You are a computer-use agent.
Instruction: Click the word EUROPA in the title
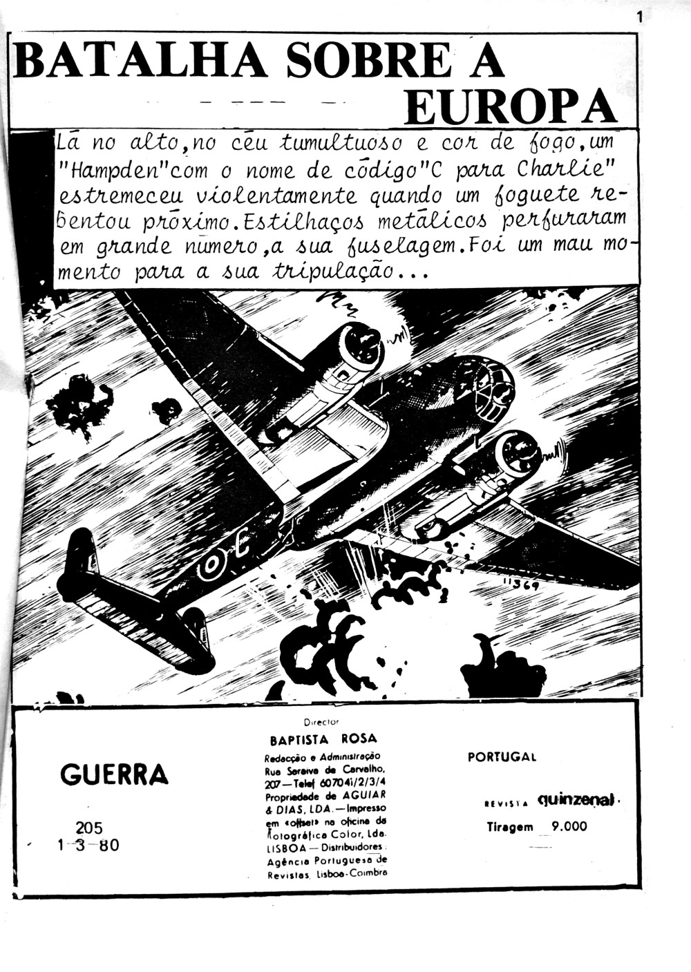click(509, 107)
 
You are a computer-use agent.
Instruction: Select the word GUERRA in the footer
click(114, 774)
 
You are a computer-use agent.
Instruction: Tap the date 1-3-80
click(88, 845)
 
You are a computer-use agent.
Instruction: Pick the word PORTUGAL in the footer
click(502, 756)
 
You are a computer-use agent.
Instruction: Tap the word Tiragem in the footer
click(510, 826)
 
